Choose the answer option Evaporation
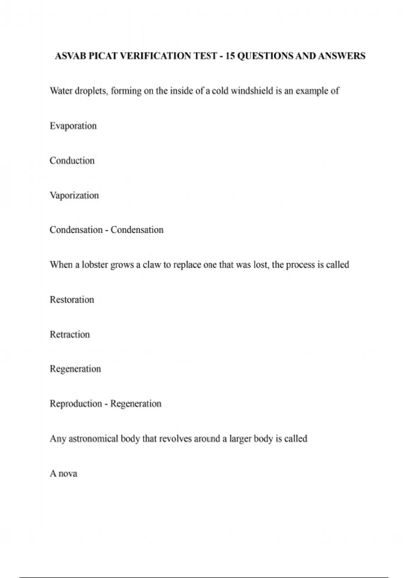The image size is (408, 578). point(73,126)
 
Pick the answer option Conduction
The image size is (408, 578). point(72,161)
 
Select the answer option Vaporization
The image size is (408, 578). point(74,195)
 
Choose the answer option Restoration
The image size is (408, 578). point(72,300)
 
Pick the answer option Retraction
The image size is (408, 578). point(70,335)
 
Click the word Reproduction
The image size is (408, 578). point(76,404)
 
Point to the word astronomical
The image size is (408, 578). point(94,439)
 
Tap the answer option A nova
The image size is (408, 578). point(64,474)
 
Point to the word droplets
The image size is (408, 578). point(90,91)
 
